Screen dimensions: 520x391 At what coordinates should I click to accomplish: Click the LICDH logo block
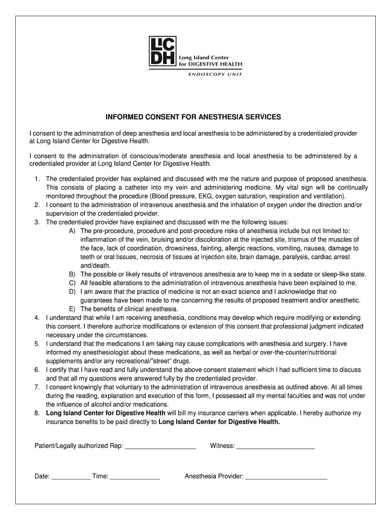[162, 51]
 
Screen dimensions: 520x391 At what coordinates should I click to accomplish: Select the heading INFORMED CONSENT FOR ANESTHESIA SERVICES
[193, 117]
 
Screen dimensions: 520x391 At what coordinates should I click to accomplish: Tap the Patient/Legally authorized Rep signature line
[160, 447]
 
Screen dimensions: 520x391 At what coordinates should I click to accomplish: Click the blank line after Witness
[276, 447]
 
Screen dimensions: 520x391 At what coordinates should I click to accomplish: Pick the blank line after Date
[71, 477]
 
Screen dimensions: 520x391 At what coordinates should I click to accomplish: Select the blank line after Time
[135, 477]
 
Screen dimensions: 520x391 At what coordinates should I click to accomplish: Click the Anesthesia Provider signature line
[286, 477]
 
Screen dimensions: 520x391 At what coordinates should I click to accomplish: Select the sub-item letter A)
[73, 231]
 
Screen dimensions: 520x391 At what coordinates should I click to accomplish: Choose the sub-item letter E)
[73, 309]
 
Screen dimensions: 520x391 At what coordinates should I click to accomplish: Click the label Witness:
[222, 446]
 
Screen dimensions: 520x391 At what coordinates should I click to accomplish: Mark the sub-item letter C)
[73, 283]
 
